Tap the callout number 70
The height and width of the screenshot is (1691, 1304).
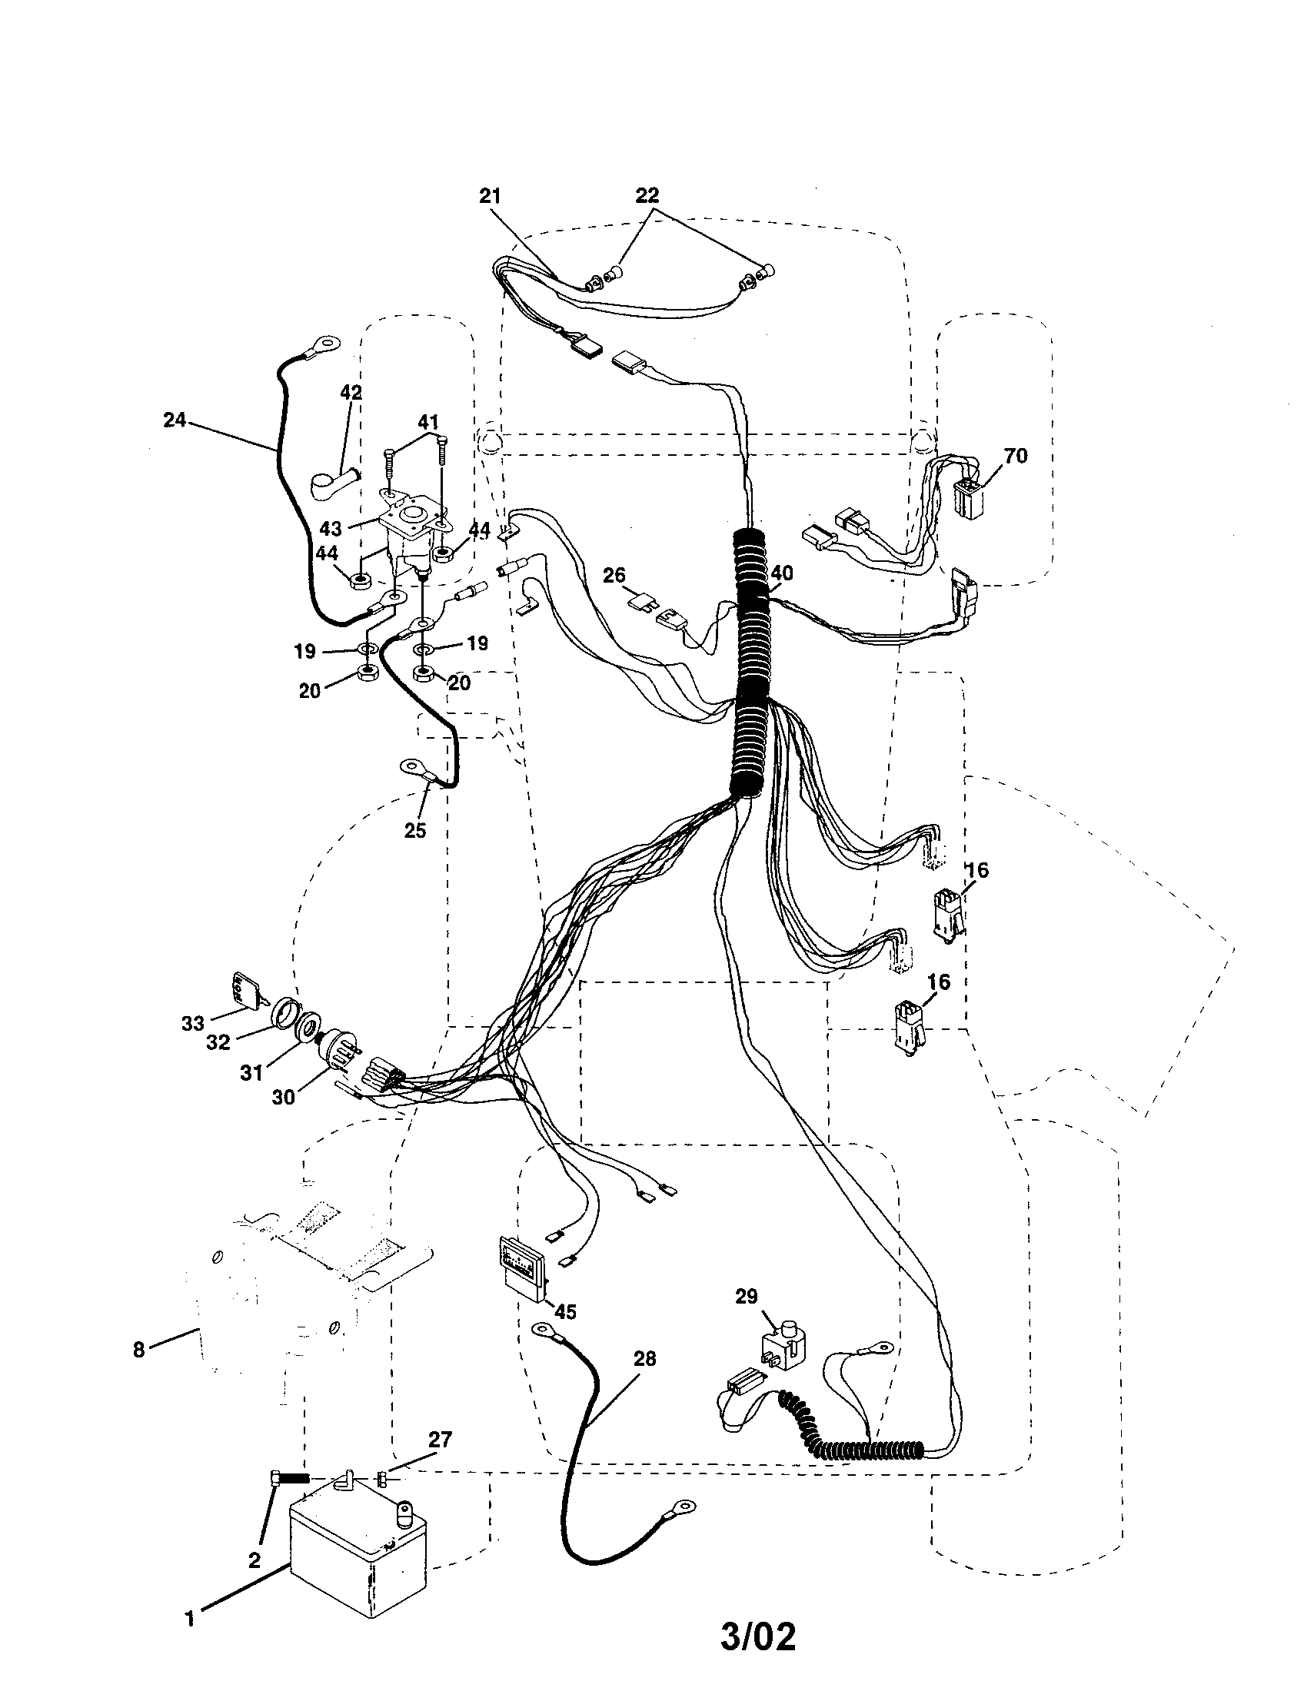[x=1015, y=456]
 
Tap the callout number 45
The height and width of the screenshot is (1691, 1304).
[x=565, y=1311]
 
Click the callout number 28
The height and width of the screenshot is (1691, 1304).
[x=644, y=1358]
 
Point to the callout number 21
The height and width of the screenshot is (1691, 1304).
[x=491, y=196]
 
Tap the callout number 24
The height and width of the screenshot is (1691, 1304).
[x=175, y=420]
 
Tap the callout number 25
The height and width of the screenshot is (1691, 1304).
[x=415, y=830]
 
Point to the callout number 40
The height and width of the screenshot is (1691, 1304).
[x=782, y=573]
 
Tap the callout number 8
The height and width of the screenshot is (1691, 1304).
[x=138, y=1350]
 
